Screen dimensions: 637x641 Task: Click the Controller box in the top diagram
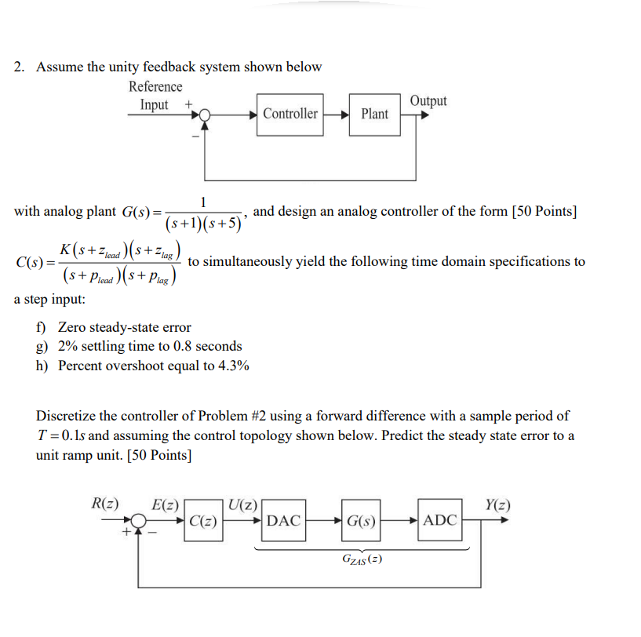[290, 114]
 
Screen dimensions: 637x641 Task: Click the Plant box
[374, 114]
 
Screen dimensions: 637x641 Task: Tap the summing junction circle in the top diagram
[205, 115]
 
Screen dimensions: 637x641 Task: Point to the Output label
[428, 100]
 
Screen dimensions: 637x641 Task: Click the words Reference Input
[155, 95]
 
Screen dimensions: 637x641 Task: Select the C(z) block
[203, 520]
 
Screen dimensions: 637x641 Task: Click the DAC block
[283, 519]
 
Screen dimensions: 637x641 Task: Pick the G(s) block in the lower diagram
[361, 519]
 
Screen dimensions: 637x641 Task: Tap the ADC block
[439, 519]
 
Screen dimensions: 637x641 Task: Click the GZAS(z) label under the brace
[362, 559]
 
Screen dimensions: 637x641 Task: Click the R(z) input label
[105, 504]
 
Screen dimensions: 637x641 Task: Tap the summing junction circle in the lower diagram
[140, 520]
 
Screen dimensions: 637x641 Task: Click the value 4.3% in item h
[235, 365]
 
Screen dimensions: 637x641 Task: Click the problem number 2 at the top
[18, 67]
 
